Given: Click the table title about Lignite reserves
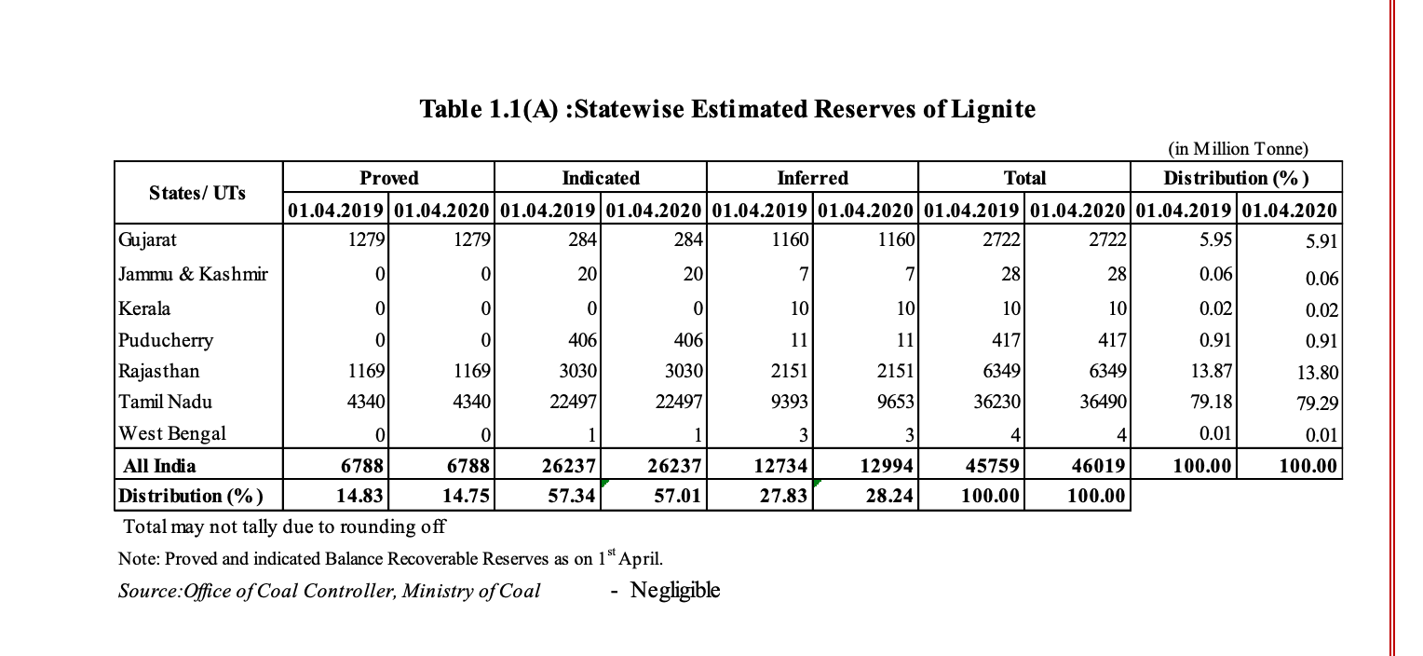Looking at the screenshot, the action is [727, 109].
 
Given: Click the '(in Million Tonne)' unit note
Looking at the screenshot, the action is [1238, 149].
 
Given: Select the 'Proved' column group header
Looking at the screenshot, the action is [388, 178].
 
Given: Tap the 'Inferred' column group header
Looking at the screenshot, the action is [812, 178].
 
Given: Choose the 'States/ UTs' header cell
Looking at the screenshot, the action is [197, 193].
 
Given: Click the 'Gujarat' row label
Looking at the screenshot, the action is [147, 240].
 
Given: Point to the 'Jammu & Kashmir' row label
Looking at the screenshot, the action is [193, 274].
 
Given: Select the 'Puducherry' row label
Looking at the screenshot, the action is [166, 340].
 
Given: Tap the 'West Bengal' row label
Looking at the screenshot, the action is [172, 433].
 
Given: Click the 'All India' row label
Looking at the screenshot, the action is [159, 466].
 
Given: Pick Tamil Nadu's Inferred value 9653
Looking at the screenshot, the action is [895, 402].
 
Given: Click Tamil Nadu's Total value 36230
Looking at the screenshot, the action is [996, 402].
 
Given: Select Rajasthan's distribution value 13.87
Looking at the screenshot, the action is [1211, 371].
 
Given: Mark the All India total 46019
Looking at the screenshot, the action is [1098, 466].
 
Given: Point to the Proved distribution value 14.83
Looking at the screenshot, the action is [359, 496].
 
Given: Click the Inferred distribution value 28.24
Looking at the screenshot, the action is [889, 496].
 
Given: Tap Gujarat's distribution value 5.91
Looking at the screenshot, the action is [1321, 241].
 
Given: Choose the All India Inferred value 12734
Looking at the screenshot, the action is [780, 466].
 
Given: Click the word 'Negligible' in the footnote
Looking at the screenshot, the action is [674, 591].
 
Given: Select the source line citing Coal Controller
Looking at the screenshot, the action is [329, 591].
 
